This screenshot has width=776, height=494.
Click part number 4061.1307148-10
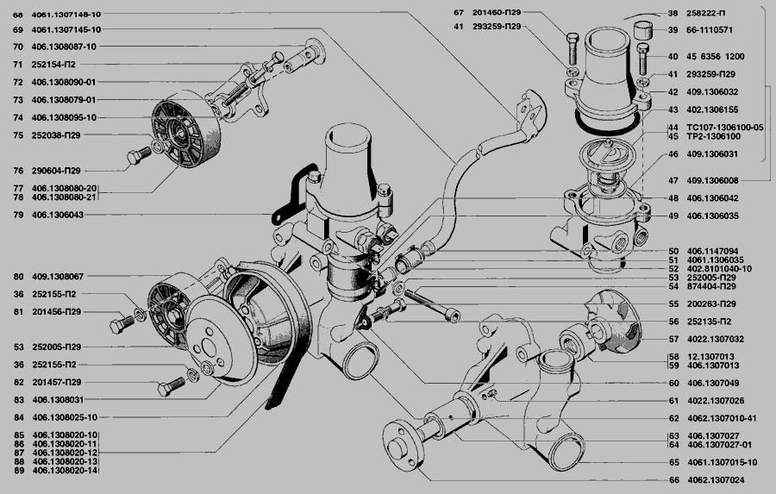pos(66,15)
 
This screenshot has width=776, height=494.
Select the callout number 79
pos(18,215)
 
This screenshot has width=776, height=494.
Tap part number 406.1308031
pos(58,399)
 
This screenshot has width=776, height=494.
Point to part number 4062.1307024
pos(716,479)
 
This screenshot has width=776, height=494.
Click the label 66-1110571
pos(710,29)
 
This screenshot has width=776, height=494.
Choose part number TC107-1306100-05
pos(725,128)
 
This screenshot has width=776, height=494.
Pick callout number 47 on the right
pos(673,181)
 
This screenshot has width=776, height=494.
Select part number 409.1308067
pos(58,276)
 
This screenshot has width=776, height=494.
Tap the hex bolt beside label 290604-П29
pos(139,155)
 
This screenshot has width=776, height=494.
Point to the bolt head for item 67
pos(573,38)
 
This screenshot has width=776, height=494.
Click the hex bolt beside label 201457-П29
pos(171,386)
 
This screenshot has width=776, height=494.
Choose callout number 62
pos(673,418)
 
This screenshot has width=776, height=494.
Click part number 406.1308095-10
pos(64,117)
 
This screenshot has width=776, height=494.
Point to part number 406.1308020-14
pos(65,470)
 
